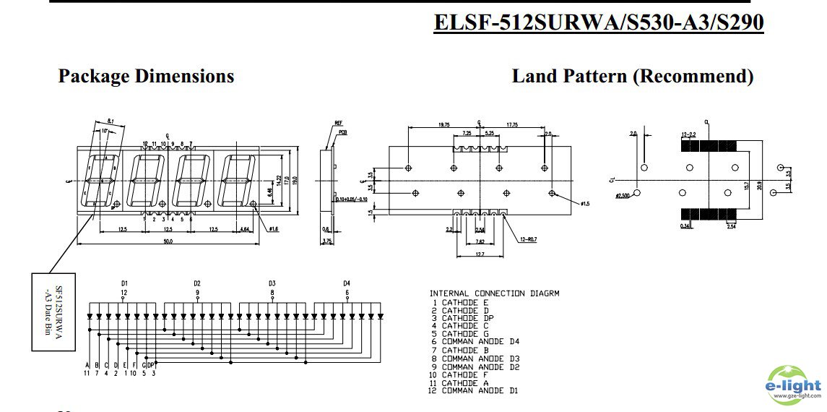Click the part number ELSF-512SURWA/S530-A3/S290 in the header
(598, 23)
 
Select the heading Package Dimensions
(146, 77)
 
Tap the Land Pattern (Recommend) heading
(632, 77)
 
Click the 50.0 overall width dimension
(168, 241)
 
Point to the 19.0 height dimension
(295, 179)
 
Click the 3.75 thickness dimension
(326, 241)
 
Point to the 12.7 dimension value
(480, 254)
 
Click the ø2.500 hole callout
(622, 195)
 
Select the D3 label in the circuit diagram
(272, 283)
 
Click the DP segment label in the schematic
(151, 364)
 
